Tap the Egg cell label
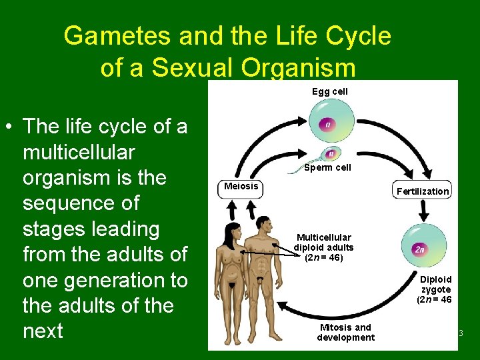[329, 91]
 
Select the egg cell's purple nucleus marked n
[327, 125]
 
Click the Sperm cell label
[327, 168]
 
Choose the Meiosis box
[241, 187]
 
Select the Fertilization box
[422, 191]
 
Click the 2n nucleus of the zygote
[419, 249]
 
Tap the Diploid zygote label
[435, 289]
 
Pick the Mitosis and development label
[345, 332]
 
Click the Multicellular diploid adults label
[323, 247]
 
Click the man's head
[262, 222]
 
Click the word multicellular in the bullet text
[79, 152]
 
